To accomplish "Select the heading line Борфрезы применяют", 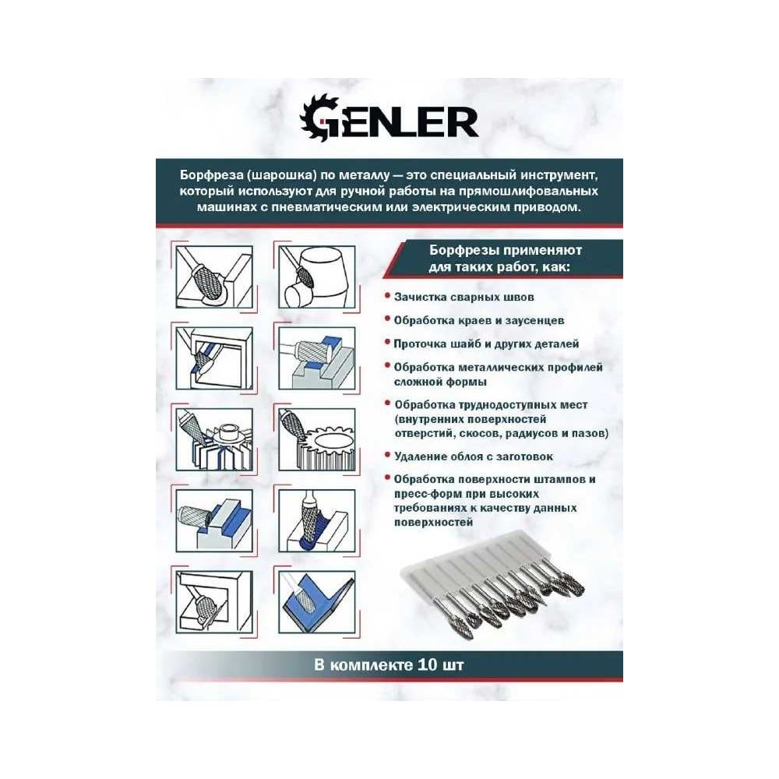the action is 506,250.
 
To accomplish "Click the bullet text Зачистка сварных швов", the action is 464,297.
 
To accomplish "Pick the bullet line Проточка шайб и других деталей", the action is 486,344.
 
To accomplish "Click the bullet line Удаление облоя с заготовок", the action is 474,456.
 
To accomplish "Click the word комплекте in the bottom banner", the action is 371,665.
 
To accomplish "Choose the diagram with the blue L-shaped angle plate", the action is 316,601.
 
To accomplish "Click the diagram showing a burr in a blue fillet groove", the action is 316,520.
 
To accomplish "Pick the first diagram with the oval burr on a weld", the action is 214,277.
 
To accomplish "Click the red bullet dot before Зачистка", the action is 387,296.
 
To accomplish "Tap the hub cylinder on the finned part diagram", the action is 228,432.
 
